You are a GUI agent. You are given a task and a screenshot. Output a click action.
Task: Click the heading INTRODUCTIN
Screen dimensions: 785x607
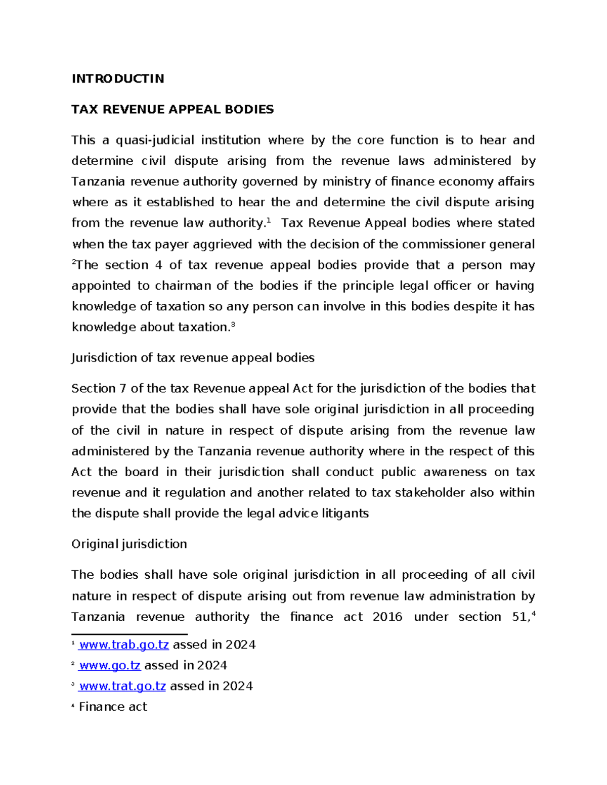118,79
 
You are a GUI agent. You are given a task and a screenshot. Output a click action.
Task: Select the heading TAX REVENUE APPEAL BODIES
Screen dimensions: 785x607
172,110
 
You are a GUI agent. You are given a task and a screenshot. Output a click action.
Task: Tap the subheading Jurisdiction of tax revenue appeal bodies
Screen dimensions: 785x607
193,358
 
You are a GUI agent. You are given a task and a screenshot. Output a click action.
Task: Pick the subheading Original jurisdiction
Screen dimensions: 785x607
129,544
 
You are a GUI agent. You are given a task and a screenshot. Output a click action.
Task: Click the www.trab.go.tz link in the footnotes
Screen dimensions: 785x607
124,645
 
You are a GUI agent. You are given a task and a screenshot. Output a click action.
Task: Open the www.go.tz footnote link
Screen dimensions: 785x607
110,666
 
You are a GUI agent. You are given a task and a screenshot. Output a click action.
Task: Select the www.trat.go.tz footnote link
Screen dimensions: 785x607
122,686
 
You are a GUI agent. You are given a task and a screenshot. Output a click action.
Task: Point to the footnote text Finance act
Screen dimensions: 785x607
113,707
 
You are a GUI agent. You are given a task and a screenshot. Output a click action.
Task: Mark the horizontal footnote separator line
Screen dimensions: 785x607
129,634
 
